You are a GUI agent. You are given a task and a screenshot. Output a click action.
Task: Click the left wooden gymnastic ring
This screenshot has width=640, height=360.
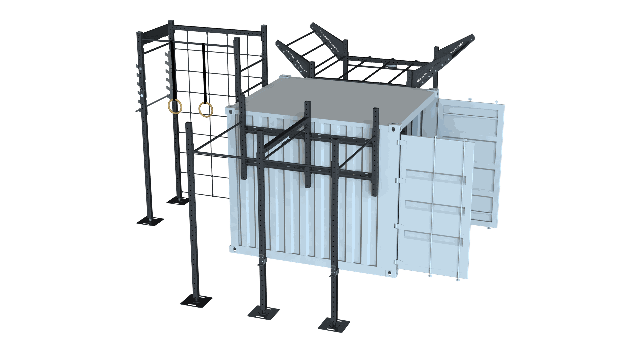click(175, 107)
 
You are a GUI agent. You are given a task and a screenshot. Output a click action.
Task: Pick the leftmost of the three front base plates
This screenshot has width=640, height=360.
click(196, 301)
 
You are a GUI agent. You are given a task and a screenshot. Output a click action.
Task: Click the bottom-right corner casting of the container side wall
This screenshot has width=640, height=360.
click(390, 273)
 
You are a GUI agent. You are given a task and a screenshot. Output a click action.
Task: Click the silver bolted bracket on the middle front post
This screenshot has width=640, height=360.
click(262, 260)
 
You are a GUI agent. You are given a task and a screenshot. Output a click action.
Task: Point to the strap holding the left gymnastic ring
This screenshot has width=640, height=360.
click(173, 70)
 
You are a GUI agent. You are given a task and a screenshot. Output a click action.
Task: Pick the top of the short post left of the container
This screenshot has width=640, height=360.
click(189, 124)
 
